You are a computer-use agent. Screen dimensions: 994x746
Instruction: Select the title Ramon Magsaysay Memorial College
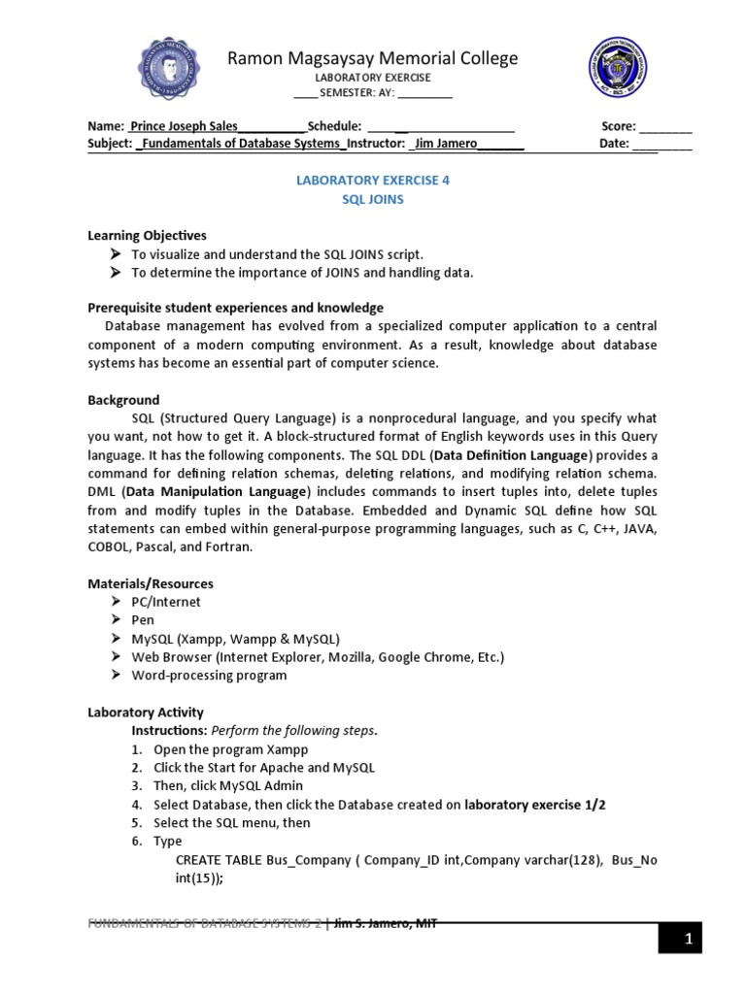(373, 59)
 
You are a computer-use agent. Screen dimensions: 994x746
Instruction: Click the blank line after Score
(666, 126)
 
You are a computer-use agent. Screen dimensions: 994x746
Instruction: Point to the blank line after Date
(662, 144)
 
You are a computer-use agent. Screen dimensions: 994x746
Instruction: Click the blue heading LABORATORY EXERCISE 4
(372, 181)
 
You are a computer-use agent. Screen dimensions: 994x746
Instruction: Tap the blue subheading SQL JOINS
(372, 199)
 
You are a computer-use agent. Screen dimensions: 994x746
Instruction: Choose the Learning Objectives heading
(147, 236)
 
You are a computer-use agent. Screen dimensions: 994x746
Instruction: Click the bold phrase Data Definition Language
(512, 455)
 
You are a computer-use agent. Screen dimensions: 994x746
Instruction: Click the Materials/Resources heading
(151, 583)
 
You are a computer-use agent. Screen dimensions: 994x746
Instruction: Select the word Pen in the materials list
(143, 620)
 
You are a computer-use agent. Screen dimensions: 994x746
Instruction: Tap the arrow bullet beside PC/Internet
(115, 602)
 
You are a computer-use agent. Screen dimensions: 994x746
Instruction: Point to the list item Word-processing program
(209, 676)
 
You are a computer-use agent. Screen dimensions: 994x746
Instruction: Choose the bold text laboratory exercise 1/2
(536, 805)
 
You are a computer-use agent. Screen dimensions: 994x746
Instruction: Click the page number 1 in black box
(687, 939)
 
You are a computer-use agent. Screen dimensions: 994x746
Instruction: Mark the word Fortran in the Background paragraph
(229, 547)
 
